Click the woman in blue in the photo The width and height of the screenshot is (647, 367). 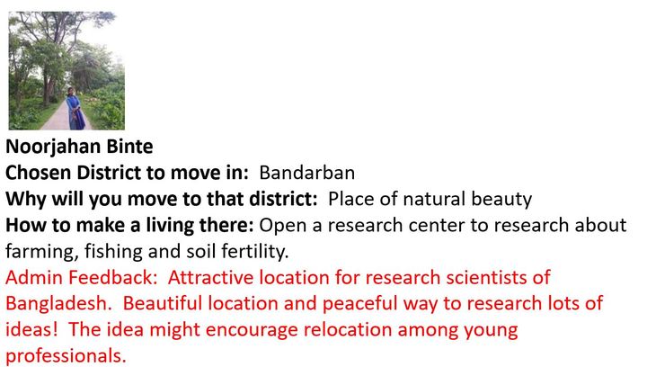click(75, 109)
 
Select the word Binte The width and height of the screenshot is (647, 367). click(129, 147)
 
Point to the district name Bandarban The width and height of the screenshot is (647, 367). click(307, 173)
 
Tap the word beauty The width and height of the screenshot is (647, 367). click(501, 200)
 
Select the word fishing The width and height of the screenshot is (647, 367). click(113, 252)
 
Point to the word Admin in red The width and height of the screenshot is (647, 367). click(34, 277)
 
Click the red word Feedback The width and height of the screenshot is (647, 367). click(112, 277)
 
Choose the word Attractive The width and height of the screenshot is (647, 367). click(210, 277)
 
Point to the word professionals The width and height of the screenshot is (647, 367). click(66, 356)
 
